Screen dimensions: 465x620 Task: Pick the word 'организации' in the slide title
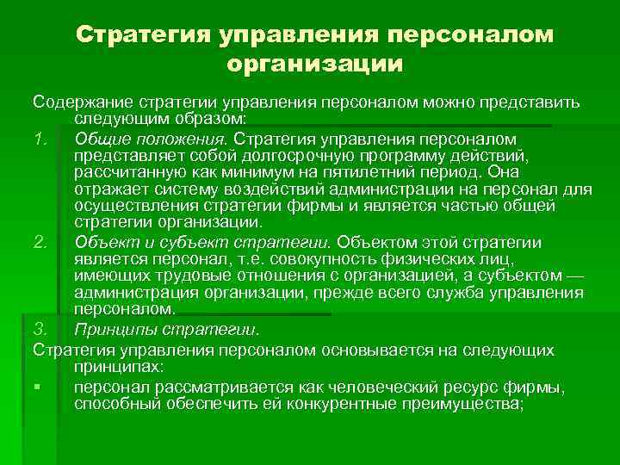pyautogui.click(x=314, y=63)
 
